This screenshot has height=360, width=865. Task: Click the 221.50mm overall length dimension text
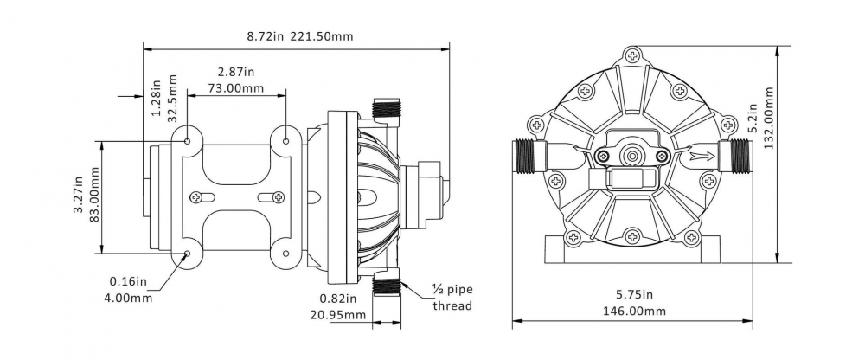click(x=321, y=36)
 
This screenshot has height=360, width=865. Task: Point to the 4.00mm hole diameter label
click(x=128, y=298)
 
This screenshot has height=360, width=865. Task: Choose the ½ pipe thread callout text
click(x=452, y=298)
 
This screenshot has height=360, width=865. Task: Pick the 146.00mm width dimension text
click(x=633, y=311)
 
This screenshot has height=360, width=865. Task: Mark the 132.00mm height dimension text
click(x=771, y=117)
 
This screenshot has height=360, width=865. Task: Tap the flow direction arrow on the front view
click(x=702, y=157)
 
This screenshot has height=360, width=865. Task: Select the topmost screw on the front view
click(x=632, y=55)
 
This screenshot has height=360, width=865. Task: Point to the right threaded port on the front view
click(x=734, y=157)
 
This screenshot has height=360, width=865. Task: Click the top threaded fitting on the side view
click(x=386, y=108)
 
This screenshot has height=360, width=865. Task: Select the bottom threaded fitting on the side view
click(x=386, y=286)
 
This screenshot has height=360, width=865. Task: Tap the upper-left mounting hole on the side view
click(x=188, y=141)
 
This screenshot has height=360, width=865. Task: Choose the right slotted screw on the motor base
click(x=272, y=196)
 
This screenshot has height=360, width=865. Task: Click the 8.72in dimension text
click(x=265, y=36)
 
